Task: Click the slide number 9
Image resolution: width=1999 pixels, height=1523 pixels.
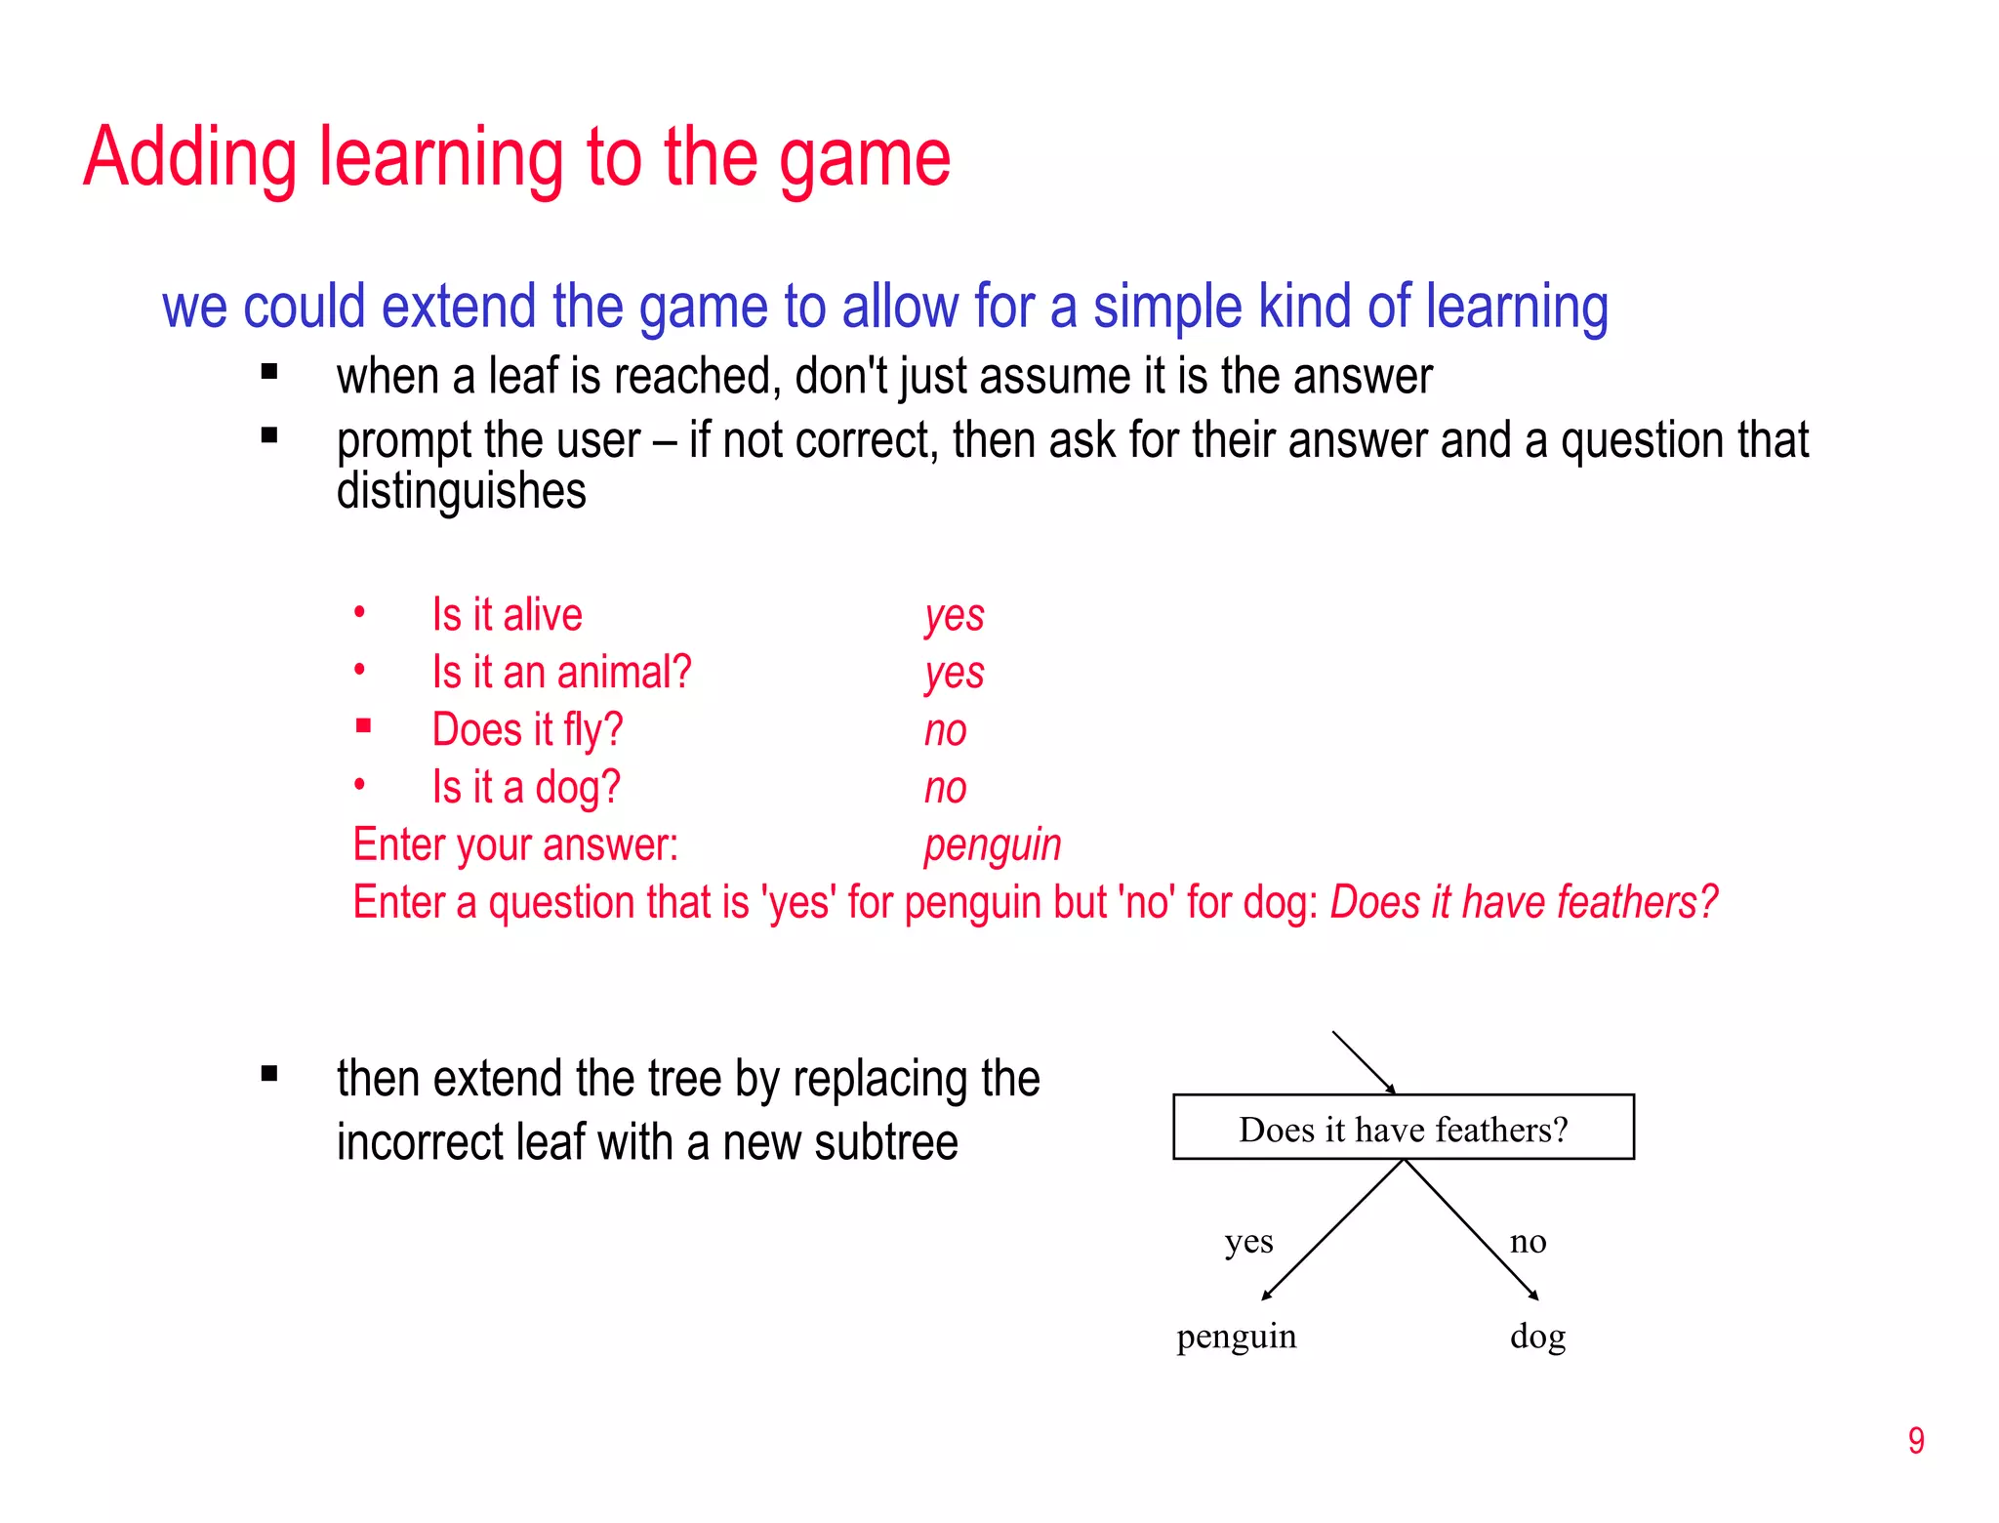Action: click(x=1916, y=1441)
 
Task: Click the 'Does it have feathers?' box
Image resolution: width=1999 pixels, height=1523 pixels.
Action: click(x=1403, y=1128)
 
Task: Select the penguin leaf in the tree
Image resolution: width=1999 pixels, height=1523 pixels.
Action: click(x=1236, y=1337)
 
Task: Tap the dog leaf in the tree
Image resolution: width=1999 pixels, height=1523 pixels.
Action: click(x=1537, y=1337)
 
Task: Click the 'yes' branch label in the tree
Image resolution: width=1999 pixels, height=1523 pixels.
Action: click(x=1248, y=1242)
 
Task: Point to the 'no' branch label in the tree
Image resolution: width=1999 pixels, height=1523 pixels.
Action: click(x=1528, y=1242)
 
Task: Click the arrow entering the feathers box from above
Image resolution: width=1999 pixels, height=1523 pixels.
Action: click(x=1364, y=1061)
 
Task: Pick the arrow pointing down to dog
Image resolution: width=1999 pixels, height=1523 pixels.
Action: click(x=1472, y=1231)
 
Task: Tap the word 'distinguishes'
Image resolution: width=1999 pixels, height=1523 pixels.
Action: click(x=461, y=490)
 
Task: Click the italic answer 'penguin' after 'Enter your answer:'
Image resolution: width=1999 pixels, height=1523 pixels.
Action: click(x=992, y=845)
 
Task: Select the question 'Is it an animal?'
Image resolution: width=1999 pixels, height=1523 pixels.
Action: click(x=561, y=673)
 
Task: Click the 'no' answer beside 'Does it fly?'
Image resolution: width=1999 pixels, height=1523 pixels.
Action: click(x=945, y=730)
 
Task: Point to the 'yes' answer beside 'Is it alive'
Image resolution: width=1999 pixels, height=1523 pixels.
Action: click(x=954, y=616)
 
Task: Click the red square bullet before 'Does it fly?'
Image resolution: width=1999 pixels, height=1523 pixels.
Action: click(x=363, y=725)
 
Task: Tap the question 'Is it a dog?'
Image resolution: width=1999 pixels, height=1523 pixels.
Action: click(x=526, y=787)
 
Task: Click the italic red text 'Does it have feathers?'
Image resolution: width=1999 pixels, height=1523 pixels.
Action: click(x=1523, y=902)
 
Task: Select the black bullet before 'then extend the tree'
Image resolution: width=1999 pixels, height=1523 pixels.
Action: click(x=269, y=1075)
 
